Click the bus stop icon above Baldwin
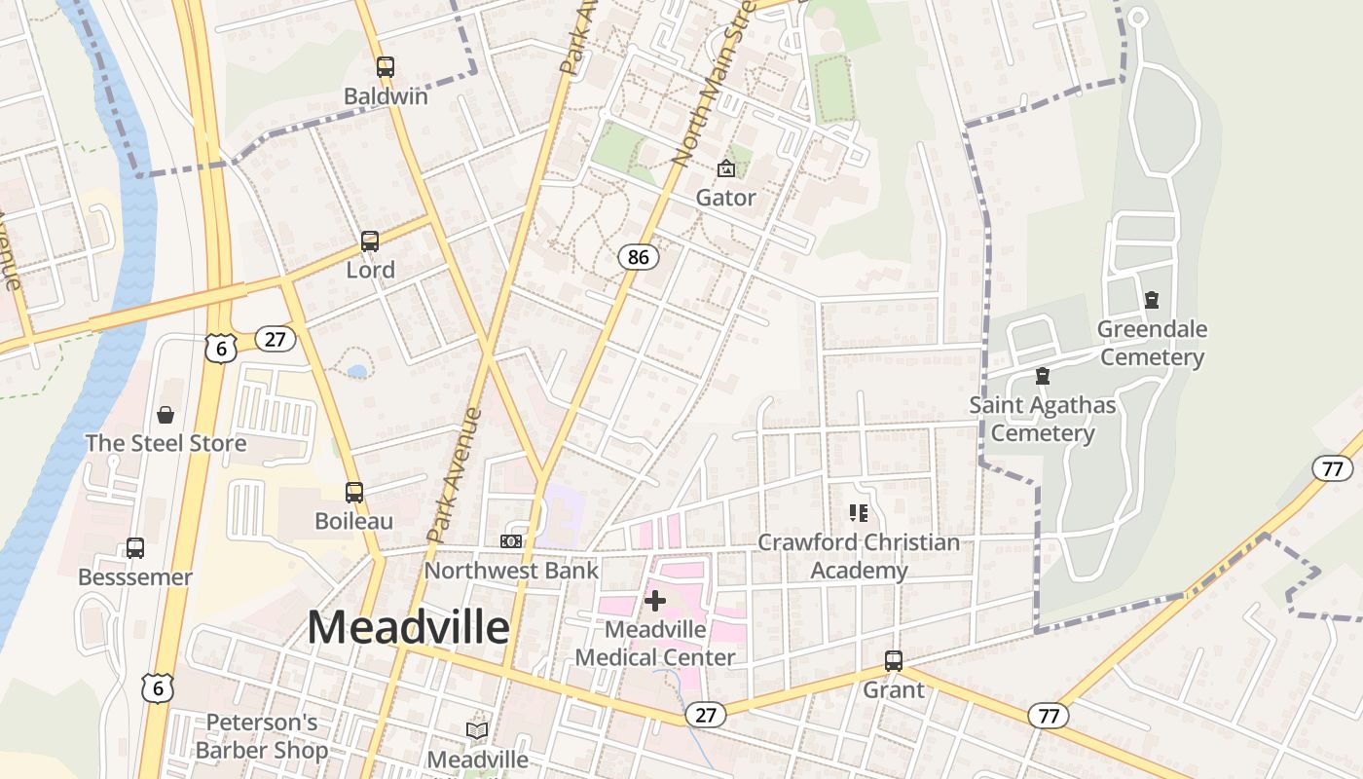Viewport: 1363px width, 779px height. [386, 67]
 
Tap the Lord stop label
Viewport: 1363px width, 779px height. [371, 270]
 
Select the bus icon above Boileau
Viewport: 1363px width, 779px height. [354, 493]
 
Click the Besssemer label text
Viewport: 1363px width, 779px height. [135, 576]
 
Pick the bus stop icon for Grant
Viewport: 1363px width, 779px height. [894, 661]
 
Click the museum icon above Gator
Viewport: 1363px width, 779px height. [726, 168]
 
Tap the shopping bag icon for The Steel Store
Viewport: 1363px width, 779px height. [166, 416]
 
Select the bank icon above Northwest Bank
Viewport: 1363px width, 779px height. [511, 541]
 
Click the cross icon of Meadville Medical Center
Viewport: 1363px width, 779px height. [655, 601]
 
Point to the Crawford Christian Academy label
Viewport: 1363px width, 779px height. [859, 556]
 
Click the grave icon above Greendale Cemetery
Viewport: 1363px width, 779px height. [1152, 300]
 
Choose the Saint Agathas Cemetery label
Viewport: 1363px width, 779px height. [1043, 419]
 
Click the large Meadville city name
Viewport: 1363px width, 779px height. [408, 627]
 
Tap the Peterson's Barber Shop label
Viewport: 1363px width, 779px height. [262, 736]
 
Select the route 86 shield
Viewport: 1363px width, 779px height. [638, 257]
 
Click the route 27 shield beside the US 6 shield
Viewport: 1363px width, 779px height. [276, 339]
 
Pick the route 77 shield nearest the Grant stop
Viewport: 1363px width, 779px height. [1049, 717]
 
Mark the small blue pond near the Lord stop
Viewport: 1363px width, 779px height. [357, 371]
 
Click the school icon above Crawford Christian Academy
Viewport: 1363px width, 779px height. [859, 512]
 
